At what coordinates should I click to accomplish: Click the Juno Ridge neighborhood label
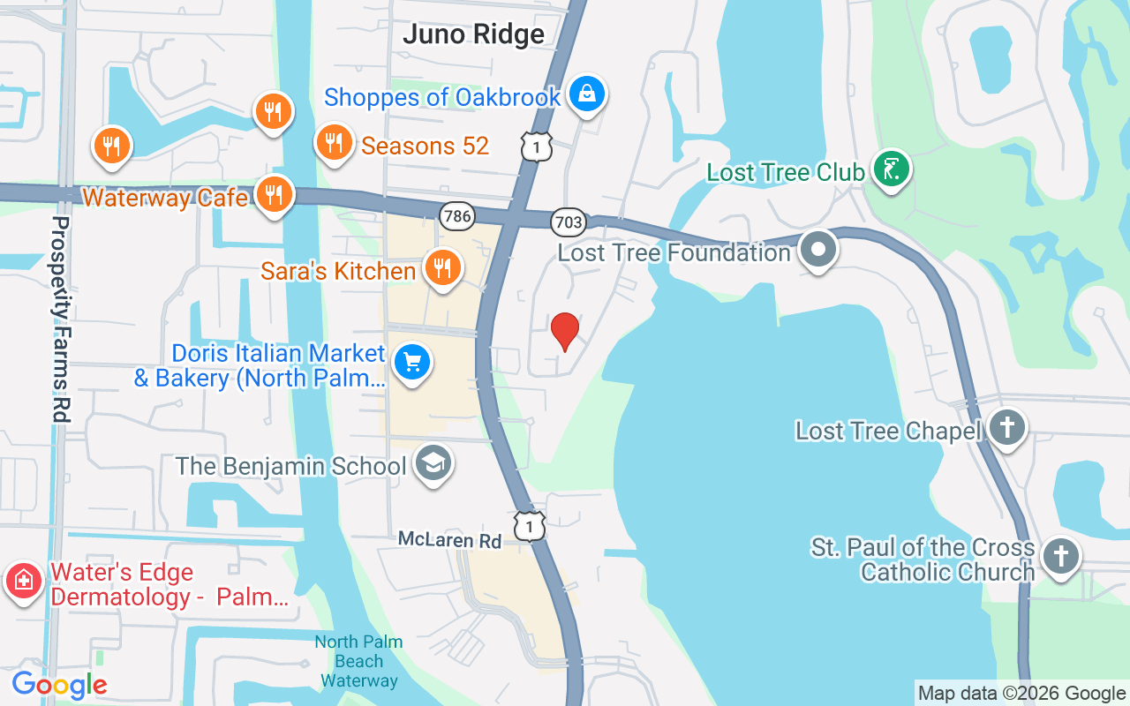pos(473,34)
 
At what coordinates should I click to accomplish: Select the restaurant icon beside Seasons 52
pos(334,141)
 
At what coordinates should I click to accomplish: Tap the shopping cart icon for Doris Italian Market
pos(411,363)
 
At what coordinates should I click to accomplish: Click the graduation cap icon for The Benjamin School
pos(433,463)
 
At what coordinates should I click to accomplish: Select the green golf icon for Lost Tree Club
pos(892,168)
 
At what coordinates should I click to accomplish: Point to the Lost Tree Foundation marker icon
pos(818,249)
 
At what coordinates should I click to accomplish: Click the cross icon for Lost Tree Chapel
pos(1006,427)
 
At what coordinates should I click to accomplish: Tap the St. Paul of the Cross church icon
pos(1060,557)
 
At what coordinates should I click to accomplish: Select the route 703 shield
pos(569,222)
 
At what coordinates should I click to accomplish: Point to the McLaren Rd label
pos(449,539)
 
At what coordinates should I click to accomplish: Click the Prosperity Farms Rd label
pos(61,318)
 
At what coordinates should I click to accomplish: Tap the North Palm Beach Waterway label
pos(359,661)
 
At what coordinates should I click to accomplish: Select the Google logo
pos(59,685)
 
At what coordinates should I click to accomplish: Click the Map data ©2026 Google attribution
pos(1021,694)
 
